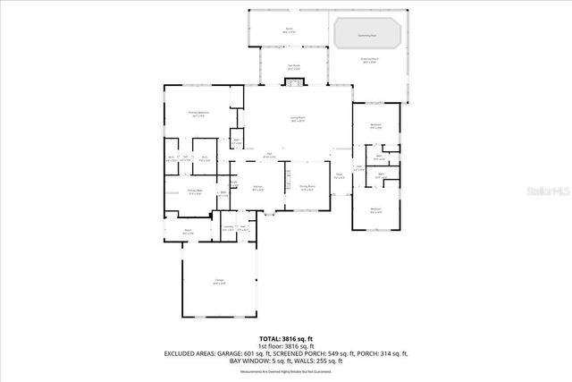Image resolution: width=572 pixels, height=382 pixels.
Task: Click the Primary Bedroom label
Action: point(198,114)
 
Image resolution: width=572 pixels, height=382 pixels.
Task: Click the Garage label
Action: point(219,283)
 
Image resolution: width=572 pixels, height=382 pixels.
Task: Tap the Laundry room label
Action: point(228,228)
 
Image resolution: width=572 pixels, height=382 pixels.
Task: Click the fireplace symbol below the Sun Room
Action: point(293,83)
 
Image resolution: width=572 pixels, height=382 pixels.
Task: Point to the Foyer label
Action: point(339,178)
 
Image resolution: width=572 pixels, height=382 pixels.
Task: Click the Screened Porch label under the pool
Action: point(368,62)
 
